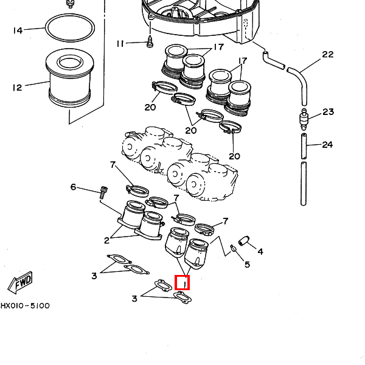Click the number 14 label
(17, 30)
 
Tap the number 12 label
(16, 88)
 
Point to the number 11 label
(120, 44)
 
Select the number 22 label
(328, 55)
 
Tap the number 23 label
(328, 112)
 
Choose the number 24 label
(328, 145)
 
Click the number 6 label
(74, 187)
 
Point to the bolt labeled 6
(103, 193)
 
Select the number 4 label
(260, 251)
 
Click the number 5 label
(246, 265)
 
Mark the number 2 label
(106, 239)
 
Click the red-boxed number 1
(182, 283)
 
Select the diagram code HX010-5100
(25, 306)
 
